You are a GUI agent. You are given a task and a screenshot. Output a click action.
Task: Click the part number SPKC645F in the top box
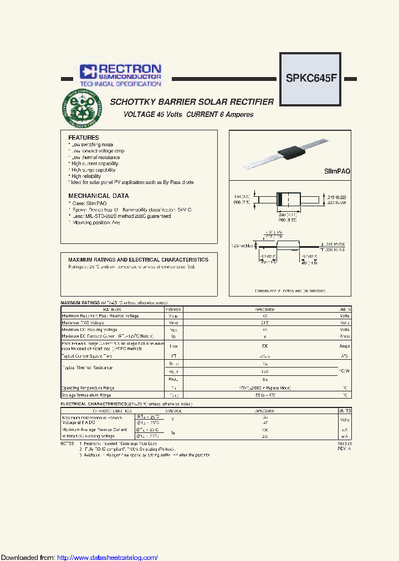tap(311, 78)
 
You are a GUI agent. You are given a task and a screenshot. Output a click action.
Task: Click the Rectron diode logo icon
tap(88, 71)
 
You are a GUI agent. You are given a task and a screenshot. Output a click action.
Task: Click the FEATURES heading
tap(83, 137)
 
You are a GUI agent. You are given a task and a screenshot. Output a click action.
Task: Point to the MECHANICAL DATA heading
tap(98, 196)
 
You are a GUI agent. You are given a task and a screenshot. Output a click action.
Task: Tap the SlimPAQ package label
tap(337, 172)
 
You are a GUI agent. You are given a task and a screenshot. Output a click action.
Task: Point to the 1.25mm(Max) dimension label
tap(242, 245)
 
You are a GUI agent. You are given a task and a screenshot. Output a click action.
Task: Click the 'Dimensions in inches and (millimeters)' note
tap(290, 290)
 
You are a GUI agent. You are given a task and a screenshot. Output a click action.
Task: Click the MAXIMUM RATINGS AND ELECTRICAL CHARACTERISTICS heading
tap(138, 259)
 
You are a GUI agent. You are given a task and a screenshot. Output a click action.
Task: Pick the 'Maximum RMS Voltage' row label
tap(83, 322)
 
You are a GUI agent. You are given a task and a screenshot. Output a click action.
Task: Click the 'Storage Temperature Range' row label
tap(86, 395)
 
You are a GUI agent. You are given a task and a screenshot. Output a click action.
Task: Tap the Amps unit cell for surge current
tap(344, 345)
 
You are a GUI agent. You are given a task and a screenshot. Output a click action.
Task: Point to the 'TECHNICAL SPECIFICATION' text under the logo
tap(120, 84)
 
